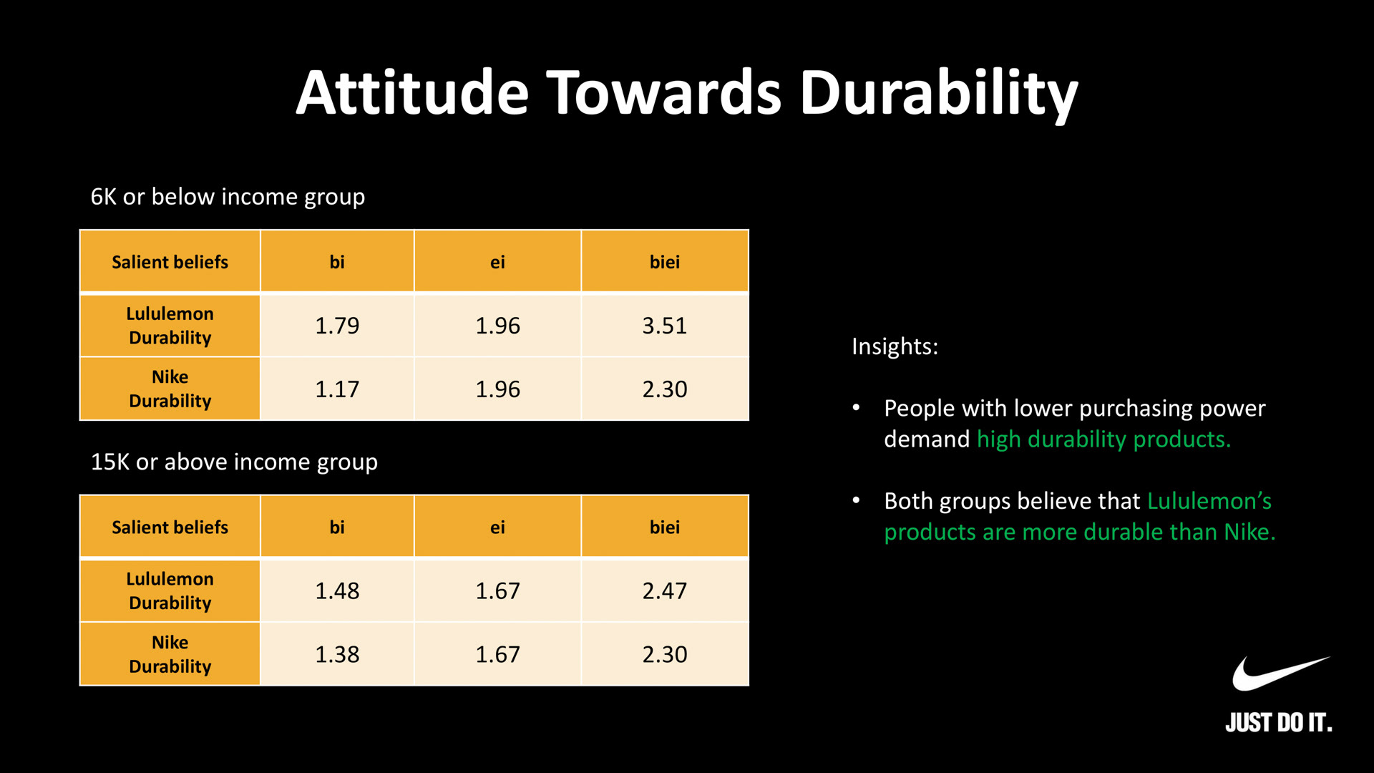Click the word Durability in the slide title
[x=938, y=93]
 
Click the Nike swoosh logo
[x=1279, y=674]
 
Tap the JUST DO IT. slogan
[x=1278, y=723]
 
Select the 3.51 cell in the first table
[x=664, y=326]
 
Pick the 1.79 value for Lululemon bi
[x=337, y=326]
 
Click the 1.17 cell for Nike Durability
[x=337, y=389]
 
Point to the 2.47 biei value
[x=664, y=590]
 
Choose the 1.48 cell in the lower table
[x=337, y=590]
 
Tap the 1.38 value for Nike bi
[x=337, y=654]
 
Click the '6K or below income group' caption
[x=228, y=197]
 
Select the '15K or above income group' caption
[x=234, y=462]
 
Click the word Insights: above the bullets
[x=895, y=346]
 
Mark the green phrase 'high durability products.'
[x=1103, y=439]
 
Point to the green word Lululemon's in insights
[x=1209, y=501]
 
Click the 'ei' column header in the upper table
[x=497, y=262]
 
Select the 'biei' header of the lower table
[x=664, y=528]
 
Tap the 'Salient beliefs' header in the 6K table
[x=170, y=262]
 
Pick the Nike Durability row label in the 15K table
[x=170, y=654]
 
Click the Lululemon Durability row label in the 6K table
[x=170, y=326]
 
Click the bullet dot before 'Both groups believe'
[x=856, y=500]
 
